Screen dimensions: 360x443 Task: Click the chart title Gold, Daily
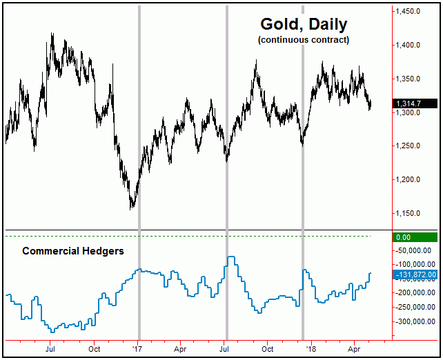[x=304, y=24]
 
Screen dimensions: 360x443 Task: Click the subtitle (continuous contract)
[x=304, y=40]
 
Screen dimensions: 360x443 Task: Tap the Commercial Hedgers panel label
[x=73, y=251]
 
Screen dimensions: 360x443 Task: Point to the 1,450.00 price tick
[x=414, y=12]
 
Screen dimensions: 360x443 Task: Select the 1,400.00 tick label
[x=414, y=46]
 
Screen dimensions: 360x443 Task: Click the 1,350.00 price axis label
[x=414, y=79]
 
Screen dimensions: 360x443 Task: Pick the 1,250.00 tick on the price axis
[x=414, y=146]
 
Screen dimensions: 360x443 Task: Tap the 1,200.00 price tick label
[x=414, y=180]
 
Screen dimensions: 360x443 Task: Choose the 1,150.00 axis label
[x=414, y=214]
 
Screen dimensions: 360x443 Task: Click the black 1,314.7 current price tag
[x=415, y=103]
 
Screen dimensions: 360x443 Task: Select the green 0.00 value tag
[x=415, y=237]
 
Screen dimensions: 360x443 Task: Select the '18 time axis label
[x=313, y=350]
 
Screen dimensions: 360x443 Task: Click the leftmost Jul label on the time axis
[x=50, y=350]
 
